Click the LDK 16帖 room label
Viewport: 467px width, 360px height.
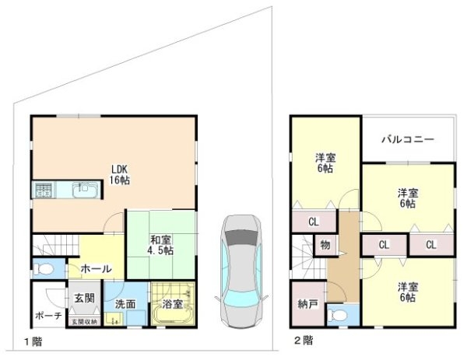118,175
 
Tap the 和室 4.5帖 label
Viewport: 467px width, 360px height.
161,245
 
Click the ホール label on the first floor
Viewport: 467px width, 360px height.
97,269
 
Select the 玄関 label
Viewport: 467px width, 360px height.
85,298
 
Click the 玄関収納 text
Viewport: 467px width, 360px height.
85,322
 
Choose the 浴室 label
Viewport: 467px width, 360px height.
173,304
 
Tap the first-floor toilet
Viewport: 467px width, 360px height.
45,270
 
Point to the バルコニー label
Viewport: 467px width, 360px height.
407,141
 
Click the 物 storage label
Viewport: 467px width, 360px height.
325,245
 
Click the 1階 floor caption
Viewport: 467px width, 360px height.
31,341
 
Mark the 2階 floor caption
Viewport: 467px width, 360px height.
304,341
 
